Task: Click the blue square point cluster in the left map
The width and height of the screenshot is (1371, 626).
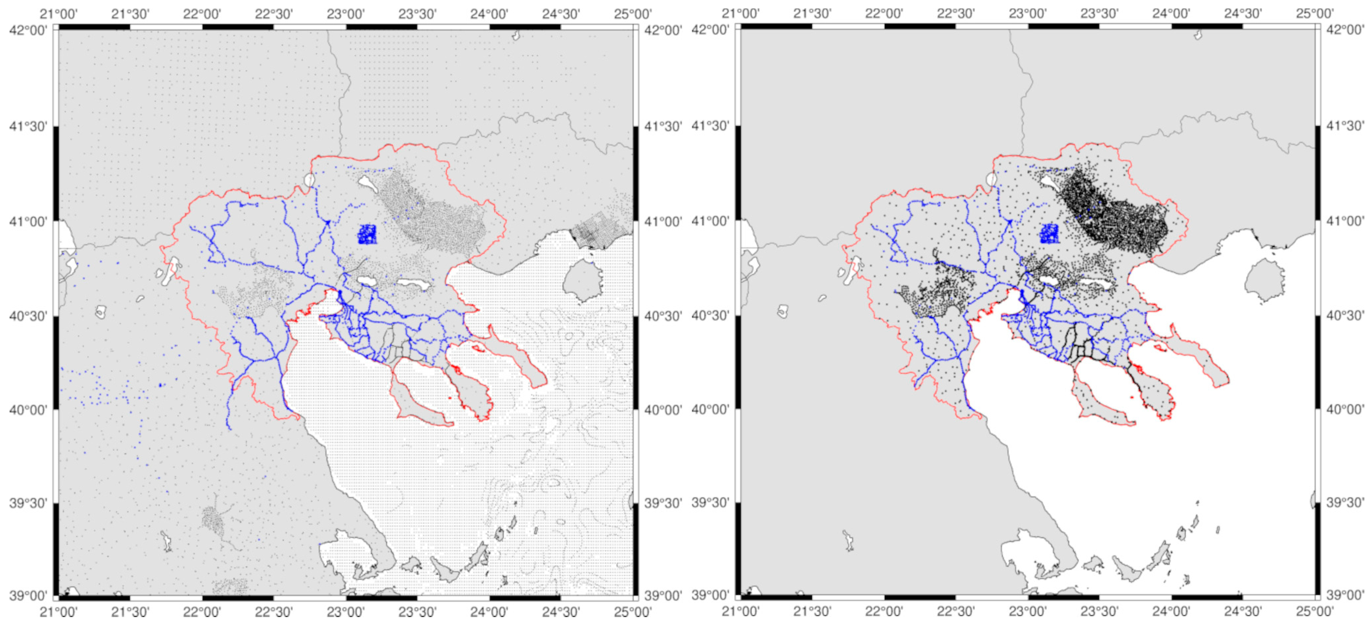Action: (x=367, y=234)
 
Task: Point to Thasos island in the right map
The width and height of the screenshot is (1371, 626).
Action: (x=1265, y=280)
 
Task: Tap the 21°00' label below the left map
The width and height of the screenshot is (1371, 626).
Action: (x=59, y=611)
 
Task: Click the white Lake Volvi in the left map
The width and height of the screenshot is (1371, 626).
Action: (x=413, y=284)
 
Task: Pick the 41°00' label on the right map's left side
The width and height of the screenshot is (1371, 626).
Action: (x=710, y=221)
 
